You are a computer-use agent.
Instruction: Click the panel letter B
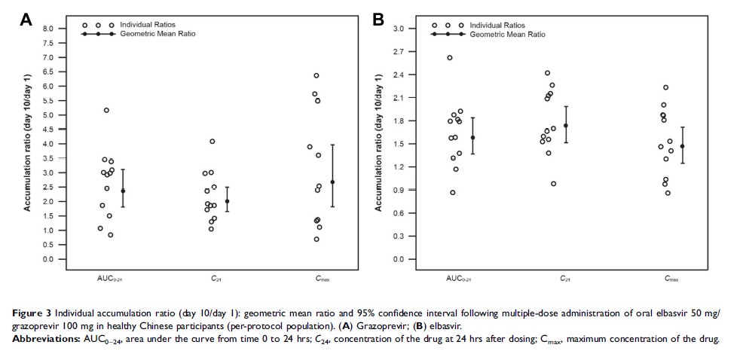click(378, 20)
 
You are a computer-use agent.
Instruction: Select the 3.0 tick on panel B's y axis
click(399, 29)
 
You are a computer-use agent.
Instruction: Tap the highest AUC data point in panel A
click(106, 111)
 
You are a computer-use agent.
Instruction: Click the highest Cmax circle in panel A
click(316, 75)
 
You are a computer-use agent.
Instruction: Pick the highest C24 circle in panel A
click(213, 142)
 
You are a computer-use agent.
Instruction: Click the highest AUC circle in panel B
click(450, 58)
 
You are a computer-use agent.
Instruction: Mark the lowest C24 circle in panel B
click(554, 184)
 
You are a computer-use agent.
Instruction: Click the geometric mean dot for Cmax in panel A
click(332, 182)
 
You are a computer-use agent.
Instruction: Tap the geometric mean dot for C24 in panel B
click(566, 126)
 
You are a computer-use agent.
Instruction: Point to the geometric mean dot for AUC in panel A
click(123, 191)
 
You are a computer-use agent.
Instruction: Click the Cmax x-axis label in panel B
click(671, 279)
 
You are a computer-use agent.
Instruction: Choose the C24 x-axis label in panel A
click(216, 279)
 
